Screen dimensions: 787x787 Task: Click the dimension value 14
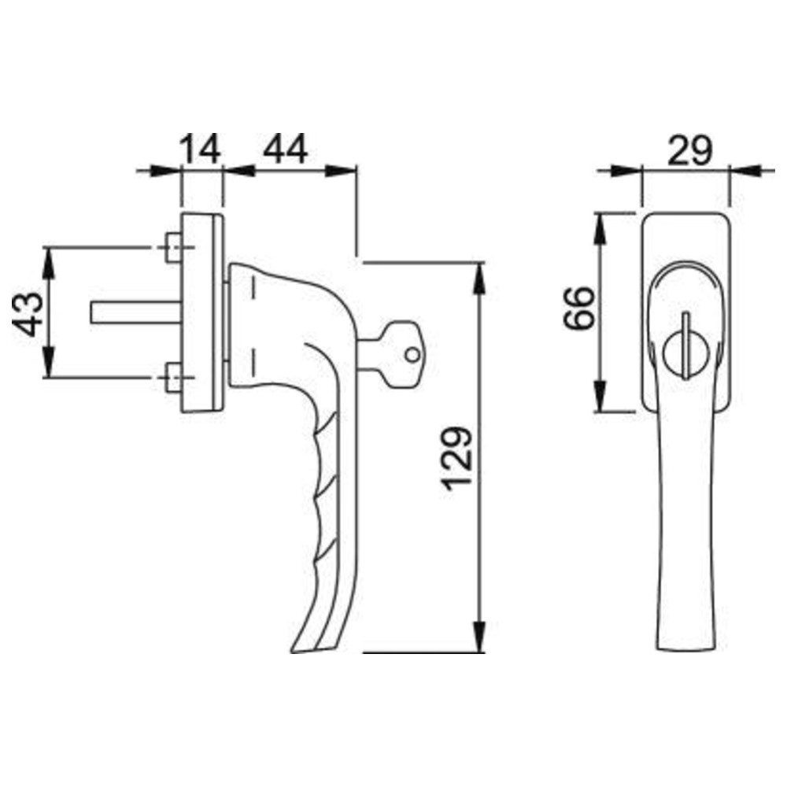200,149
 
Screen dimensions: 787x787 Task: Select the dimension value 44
285,149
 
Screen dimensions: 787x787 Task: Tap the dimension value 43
28,314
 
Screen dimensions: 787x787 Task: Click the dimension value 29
689,150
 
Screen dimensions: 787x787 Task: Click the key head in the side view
404,354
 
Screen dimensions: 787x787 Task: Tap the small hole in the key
412,355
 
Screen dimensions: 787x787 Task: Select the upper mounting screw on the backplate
174,247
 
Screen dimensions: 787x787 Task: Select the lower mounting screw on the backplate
174,377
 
